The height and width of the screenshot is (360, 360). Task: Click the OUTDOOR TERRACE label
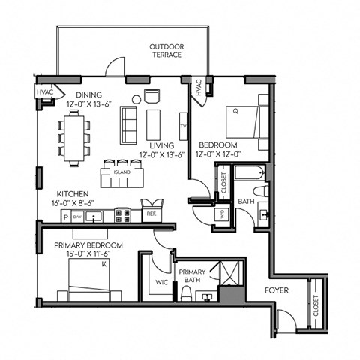(x=166, y=51)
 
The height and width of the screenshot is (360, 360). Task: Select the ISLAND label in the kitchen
(x=121, y=172)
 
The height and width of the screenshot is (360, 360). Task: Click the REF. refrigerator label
(x=151, y=214)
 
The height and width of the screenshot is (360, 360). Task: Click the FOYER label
(x=278, y=290)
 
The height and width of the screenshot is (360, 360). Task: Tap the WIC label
(x=160, y=282)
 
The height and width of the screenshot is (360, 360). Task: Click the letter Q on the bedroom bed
(x=235, y=110)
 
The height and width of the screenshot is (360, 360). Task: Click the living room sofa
(x=128, y=125)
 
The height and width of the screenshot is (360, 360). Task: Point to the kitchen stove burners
(x=123, y=216)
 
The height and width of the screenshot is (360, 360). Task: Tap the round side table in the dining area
(x=136, y=98)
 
